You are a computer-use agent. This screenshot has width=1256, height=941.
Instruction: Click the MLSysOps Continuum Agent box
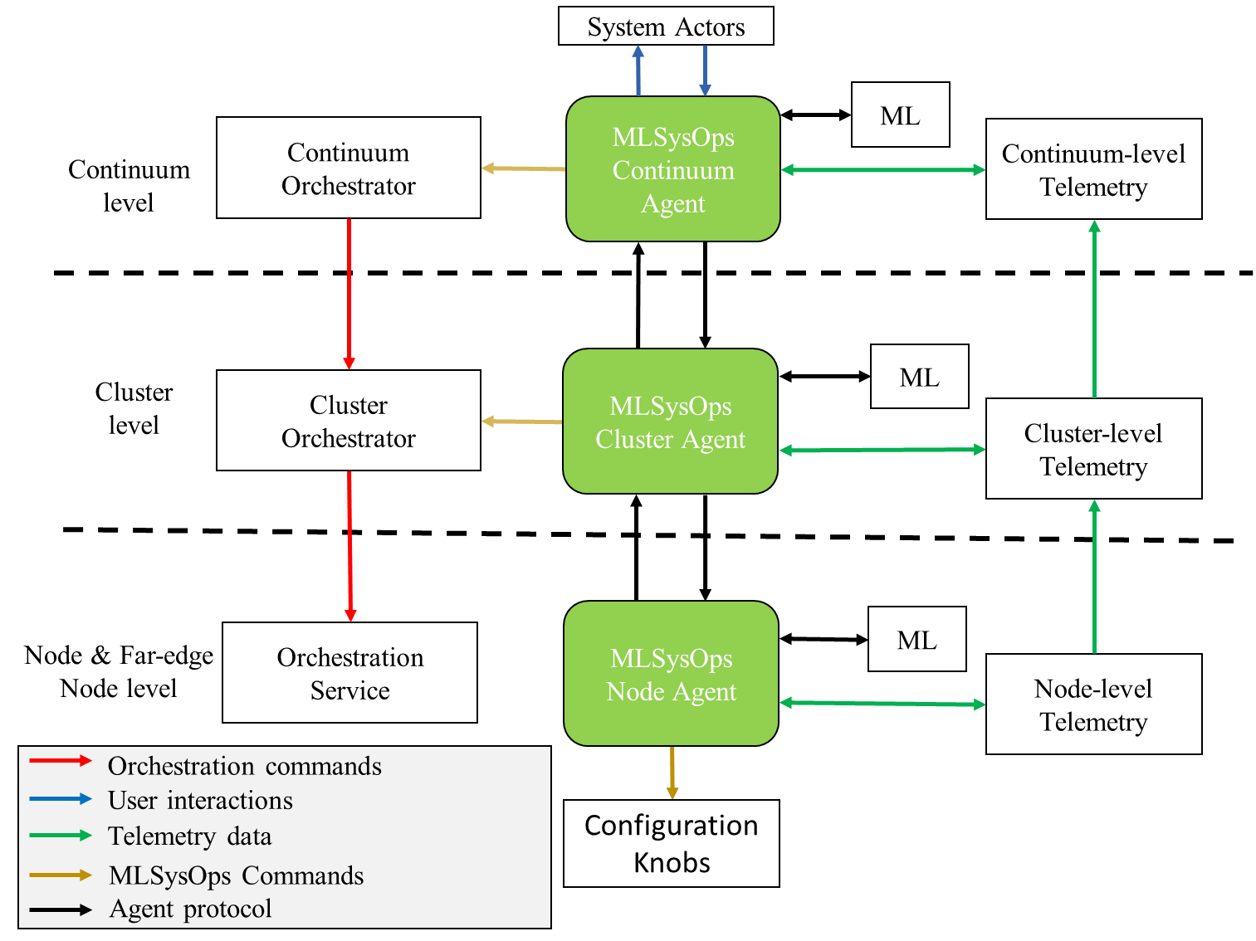click(x=672, y=169)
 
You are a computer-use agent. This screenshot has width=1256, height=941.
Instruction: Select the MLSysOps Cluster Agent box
click(x=670, y=422)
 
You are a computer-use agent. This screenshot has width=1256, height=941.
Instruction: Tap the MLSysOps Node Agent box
click(x=671, y=674)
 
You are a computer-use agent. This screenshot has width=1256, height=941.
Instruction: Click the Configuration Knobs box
click(x=671, y=843)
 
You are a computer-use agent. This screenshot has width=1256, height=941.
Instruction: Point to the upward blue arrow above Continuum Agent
click(x=638, y=71)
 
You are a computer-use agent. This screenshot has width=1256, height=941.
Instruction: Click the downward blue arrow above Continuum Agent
click(x=705, y=71)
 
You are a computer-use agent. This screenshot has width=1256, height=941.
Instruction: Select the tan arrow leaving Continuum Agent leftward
click(x=523, y=168)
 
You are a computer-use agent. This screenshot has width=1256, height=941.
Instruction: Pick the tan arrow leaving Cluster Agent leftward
click(x=521, y=422)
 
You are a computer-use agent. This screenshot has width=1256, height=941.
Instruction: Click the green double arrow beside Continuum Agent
click(x=883, y=170)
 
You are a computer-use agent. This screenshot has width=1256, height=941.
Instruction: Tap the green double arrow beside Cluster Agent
click(x=882, y=450)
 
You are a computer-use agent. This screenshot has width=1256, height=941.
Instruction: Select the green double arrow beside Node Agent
click(x=882, y=704)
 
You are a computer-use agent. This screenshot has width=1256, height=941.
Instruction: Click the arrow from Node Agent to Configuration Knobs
click(x=672, y=773)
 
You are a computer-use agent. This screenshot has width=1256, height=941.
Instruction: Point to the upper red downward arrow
click(x=349, y=294)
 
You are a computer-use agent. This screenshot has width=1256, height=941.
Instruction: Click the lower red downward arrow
click(x=350, y=546)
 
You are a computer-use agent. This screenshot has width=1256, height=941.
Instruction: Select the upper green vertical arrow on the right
click(x=1094, y=309)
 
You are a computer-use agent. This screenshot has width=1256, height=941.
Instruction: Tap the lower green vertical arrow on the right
click(x=1094, y=576)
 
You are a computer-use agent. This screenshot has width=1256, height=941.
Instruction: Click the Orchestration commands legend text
click(x=245, y=766)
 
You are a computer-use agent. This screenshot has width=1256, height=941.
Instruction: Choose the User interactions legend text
click(x=200, y=801)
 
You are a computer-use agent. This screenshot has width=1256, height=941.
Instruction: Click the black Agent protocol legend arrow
click(x=61, y=910)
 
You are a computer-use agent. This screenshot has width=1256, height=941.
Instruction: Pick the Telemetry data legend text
click(x=189, y=836)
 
